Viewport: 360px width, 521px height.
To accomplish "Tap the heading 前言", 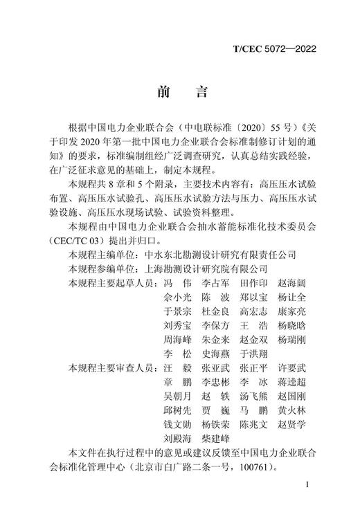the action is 179,92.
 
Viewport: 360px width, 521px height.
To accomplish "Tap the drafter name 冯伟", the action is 176,282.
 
